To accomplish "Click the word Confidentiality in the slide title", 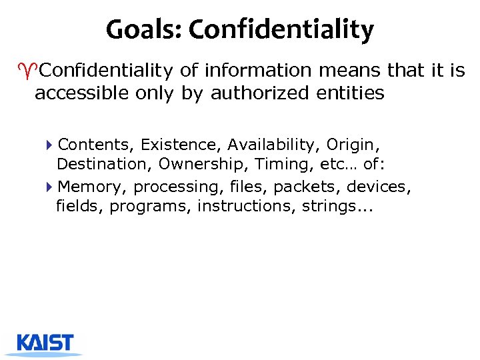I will [x=281, y=29].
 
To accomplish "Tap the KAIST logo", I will [x=45, y=344].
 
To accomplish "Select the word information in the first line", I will [x=258, y=70].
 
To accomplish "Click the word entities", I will [x=351, y=93].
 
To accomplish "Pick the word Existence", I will [x=180, y=145].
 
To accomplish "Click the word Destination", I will [x=105, y=164].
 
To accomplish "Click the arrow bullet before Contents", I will [x=51, y=145].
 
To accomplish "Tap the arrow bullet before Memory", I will [x=51, y=187].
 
